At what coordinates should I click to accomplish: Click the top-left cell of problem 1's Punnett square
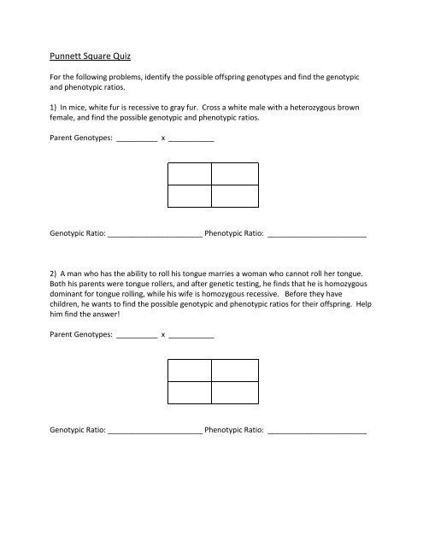189,174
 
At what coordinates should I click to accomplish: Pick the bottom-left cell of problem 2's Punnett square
189,392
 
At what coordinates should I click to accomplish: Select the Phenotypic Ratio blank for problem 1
317,232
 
